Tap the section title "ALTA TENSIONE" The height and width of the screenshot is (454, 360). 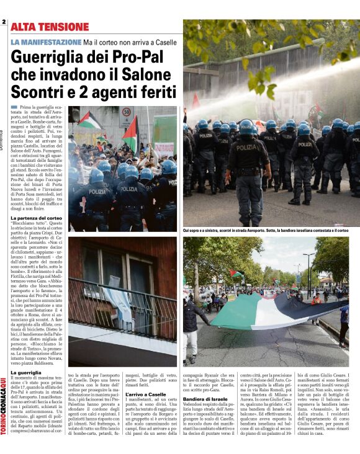(x=50, y=27)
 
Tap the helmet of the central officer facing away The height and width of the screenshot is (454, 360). (x=246, y=127)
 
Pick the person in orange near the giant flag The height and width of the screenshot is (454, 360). (x=318, y=299)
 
